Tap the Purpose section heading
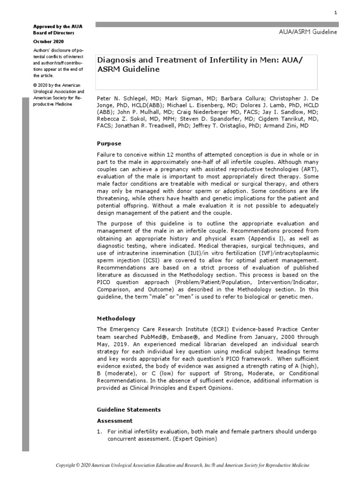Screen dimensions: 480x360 109,143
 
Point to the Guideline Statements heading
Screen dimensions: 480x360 128,409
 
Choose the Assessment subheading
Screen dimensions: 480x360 114,420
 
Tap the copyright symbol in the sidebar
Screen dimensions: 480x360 35,85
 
